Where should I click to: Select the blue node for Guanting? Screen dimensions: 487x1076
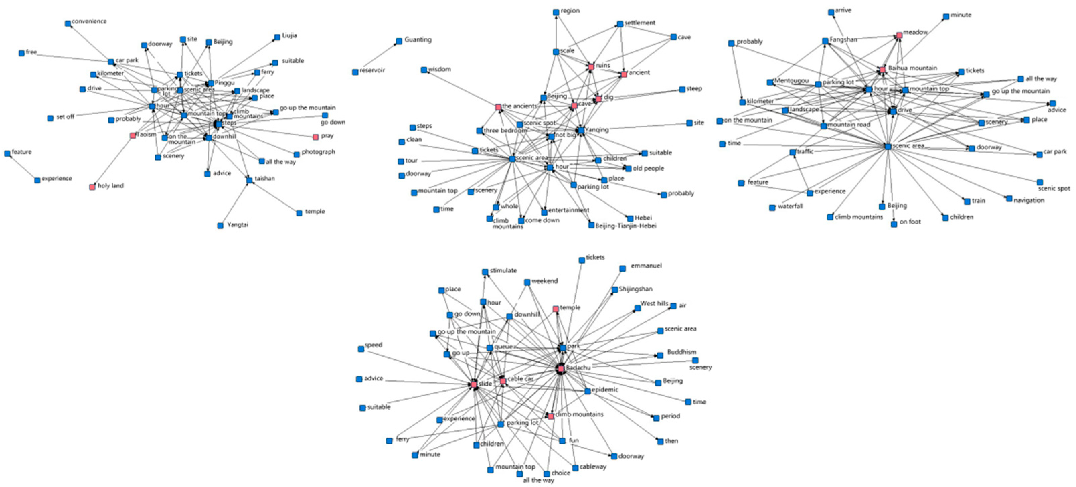point(399,41)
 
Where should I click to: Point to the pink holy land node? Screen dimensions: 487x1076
point(92,187)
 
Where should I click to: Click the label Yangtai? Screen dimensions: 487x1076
point(237,225)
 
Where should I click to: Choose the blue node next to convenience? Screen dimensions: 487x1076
point(68,24)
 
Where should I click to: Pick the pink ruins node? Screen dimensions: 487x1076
point(591,67)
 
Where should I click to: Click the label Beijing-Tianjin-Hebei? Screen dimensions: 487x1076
point(626,226)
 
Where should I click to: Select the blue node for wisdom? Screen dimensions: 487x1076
point(424,70)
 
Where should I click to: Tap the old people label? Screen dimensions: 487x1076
point(648,168)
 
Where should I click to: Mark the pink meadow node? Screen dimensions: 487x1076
point(899,35)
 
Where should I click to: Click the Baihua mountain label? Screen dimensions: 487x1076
point(912,68)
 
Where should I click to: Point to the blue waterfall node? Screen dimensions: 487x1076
point(772,208)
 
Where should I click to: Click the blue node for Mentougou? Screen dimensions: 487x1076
point(770,82)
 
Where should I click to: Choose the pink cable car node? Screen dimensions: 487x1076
point(503,381)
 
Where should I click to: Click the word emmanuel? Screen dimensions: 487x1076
point(646,266)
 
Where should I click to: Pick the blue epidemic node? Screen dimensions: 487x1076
point(587,391)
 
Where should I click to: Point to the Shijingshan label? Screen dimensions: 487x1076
point(635,289)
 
